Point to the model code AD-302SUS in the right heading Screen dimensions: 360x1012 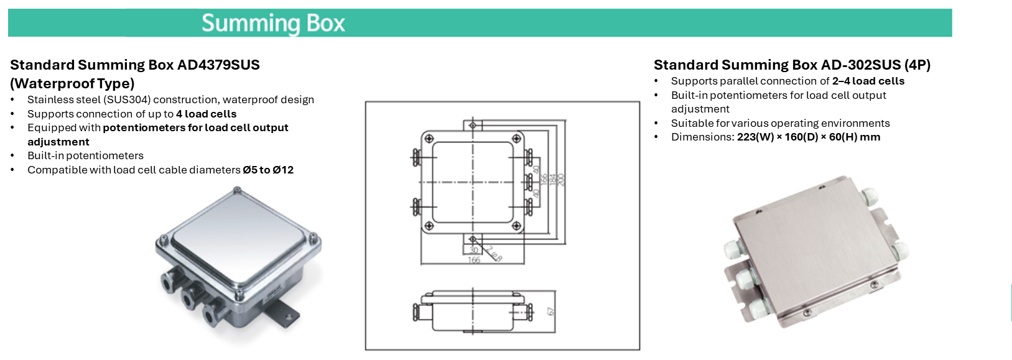point(861,65)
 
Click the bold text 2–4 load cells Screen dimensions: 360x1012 point(868,81)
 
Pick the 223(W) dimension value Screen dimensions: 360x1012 point(755,137)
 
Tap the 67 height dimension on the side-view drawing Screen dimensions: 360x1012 point(550,311)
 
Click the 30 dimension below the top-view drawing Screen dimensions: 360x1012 point(474,250)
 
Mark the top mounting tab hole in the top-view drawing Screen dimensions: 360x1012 point(473,126)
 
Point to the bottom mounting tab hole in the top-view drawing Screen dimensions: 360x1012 point(473,239)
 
